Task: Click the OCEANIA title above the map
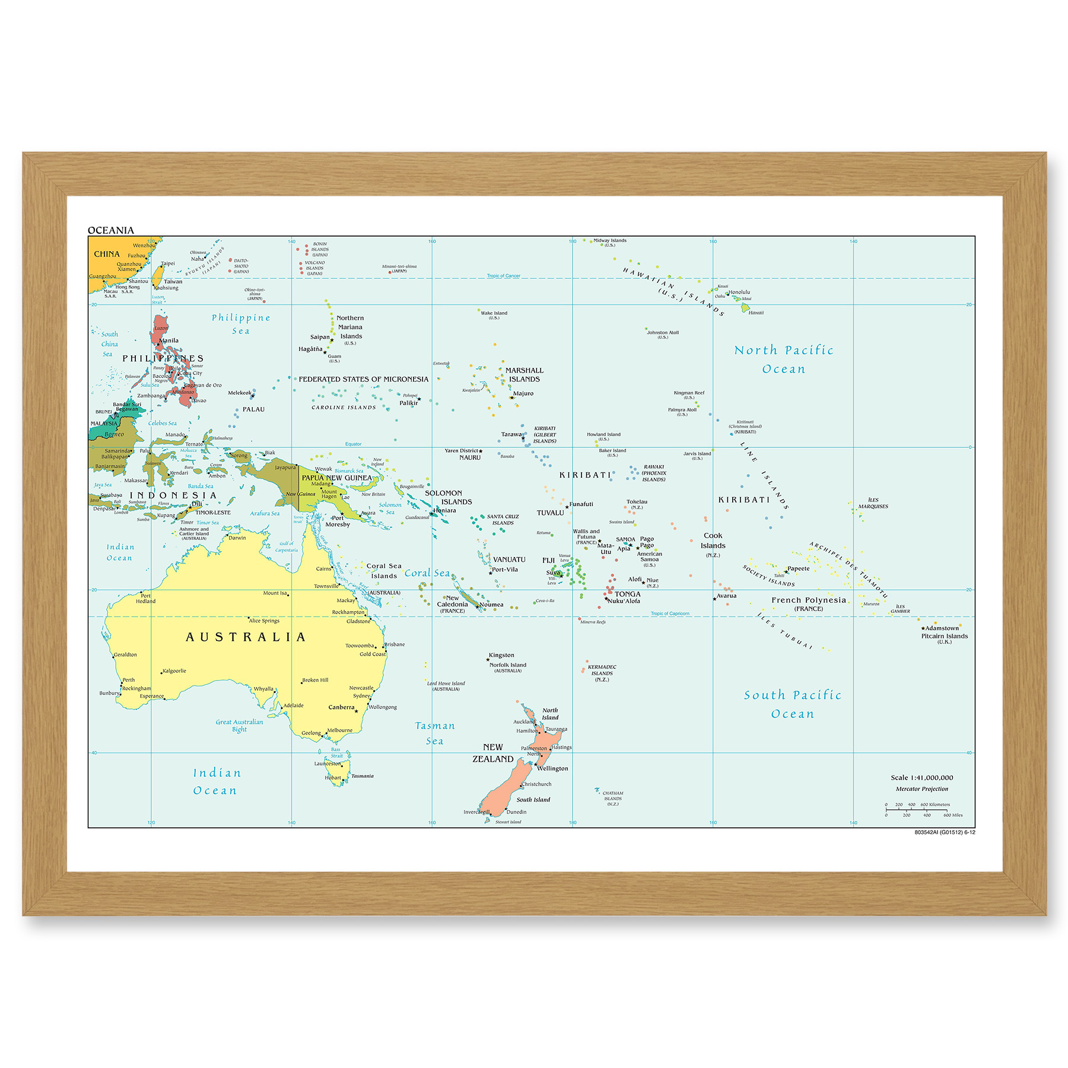click(111, 230)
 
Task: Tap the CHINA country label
click(107, 254)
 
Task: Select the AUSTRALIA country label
click(246, 637)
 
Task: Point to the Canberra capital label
click(341, 707)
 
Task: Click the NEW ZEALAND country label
click(493, 753)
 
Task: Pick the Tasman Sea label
click(435, 733)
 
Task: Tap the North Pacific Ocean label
click(784, 360)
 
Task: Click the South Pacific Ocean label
click(793, 704)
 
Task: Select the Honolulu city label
click(739, 292)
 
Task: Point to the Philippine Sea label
click(241, 324)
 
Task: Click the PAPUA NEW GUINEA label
click(336, 478)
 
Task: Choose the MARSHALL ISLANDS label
click(524, 374)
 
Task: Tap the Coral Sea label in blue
click(427, 573)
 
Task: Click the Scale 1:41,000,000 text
click(921, 777)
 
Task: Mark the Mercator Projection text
click(921, 789)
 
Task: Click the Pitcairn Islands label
click(944, 636)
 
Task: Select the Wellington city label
click(552, 768)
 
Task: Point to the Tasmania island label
click(362, 776)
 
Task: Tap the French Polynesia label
click(808, 600)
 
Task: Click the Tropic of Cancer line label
click(503, 276)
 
